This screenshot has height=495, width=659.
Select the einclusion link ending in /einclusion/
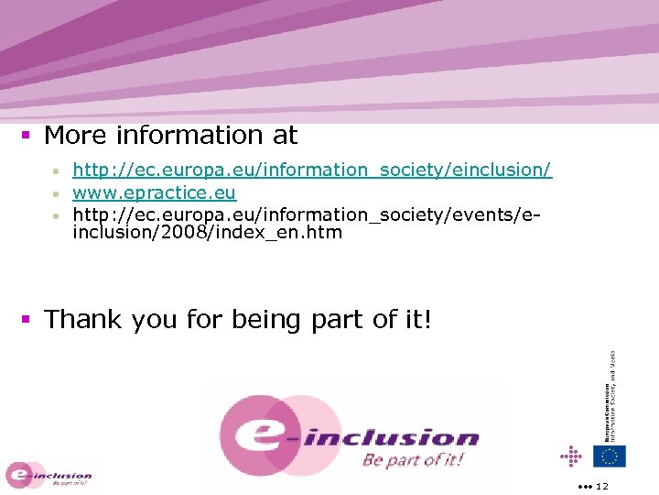[x=312, y=170]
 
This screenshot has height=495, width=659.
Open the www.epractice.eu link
[x=155, y=192]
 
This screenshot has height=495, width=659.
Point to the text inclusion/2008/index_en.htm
[x=208, y=233]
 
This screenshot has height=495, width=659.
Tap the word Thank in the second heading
[x=84, y=320]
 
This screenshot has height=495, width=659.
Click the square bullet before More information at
[x=27, y=136]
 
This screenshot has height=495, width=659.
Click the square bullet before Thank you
[x=27, y=320]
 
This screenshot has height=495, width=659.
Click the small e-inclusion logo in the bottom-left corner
[x=49, y=476]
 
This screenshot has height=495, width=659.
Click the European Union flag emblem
[x=609, y=456]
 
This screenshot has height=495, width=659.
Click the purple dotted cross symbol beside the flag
[x=571, y=456]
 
